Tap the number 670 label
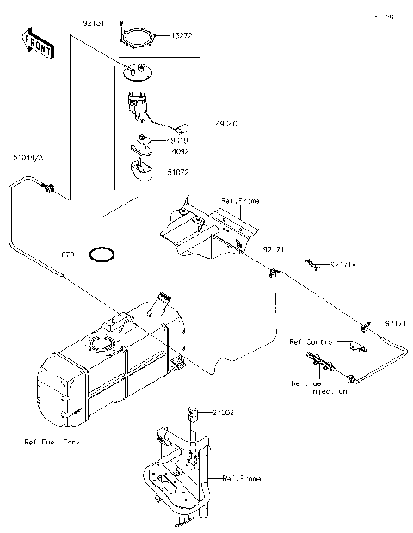(69, 255)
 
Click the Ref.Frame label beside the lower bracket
(242, 478)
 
